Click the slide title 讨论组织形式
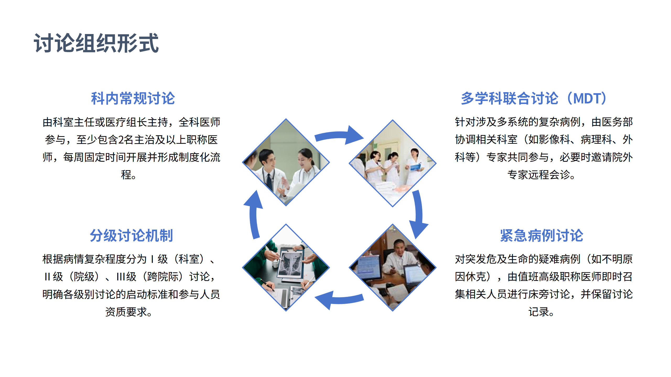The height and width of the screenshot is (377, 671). coord(96,43)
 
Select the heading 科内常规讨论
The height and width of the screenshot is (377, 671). coord(133,98)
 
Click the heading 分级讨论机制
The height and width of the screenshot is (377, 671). coord(131,235)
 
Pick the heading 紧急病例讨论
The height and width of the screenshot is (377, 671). coord(542,235)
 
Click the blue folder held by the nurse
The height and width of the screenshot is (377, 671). coord(416,167)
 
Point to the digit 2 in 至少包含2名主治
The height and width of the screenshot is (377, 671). coord(121,140)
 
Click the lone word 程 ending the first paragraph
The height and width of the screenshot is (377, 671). coord(126,175)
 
